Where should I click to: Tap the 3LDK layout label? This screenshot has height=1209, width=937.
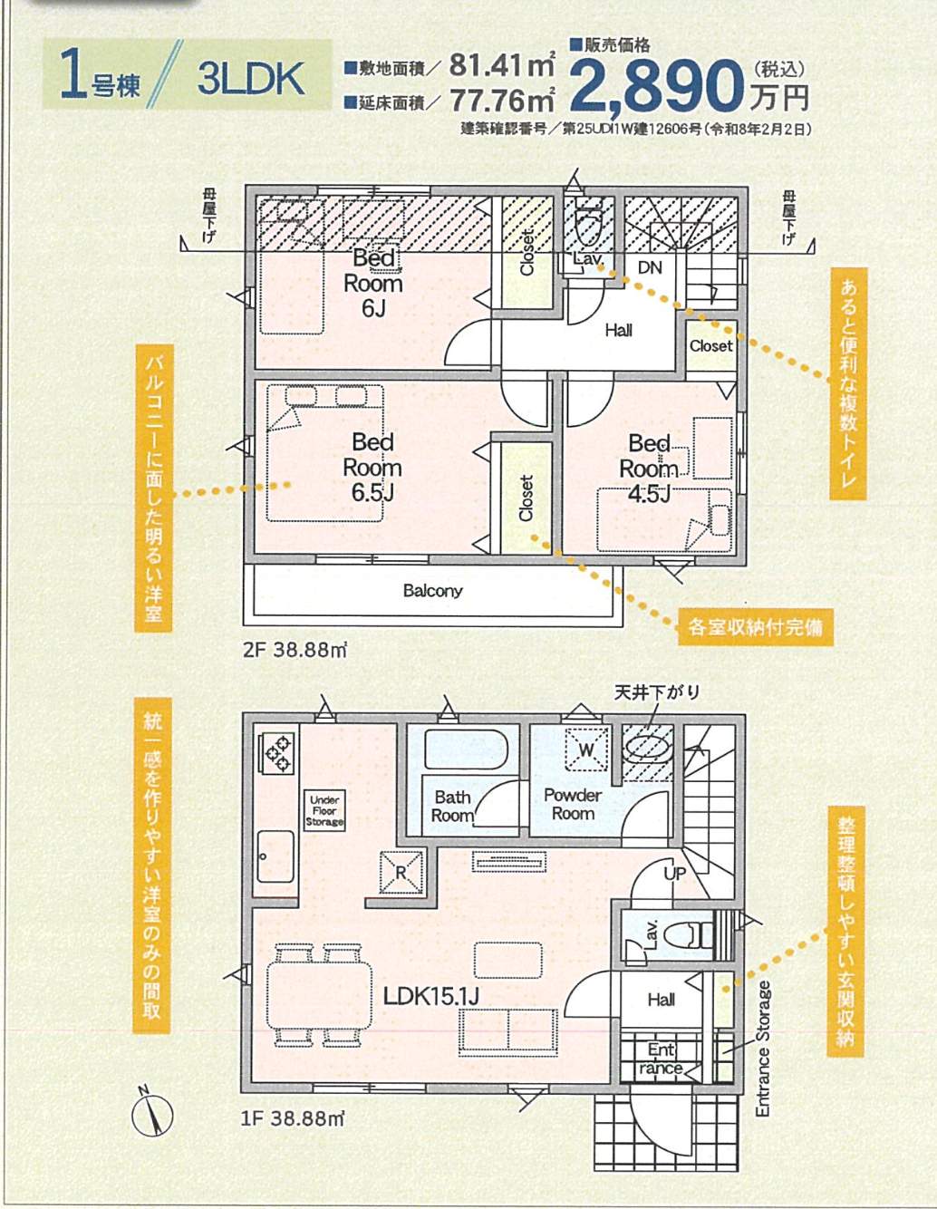pyautogui.click(x=250, y=79)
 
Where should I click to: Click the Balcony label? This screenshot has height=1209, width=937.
pyautogui.click(x=432, y=590)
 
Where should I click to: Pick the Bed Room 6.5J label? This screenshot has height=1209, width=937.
pyautogui.click(x=372, y=468)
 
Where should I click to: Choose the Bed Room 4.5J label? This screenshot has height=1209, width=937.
pyautogui.click(x=649, y=469)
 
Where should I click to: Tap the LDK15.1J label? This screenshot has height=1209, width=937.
pyautogui.click(x=431, y=997)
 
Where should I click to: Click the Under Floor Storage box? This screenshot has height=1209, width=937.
pyautogui.click(x=324, y=810)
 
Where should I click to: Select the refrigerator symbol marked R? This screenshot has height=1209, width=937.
pyautogui.click(x=401, y=873)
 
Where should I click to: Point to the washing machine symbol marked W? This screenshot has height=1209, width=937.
pyautogui.click(x=586, y=749)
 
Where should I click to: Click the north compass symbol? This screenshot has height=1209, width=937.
pyautogui.click(x=152, y=1116)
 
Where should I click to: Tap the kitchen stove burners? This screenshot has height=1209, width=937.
pyautogui.click(x=275, y=753)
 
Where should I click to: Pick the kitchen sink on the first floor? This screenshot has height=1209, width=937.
pyautogui.click(x=275, y=856)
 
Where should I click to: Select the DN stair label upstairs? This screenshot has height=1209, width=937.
pyautogui.click(x=650, y=268)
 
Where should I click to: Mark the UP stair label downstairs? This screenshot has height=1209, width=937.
pyautogui.click(x=675, y=874)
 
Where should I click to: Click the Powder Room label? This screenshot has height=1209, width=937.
pyautogui.click(x=573, y=804)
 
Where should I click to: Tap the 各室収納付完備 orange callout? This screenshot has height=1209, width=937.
pyautogui.click(x=755, y=627)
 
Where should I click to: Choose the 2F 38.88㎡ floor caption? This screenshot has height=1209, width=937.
pyautogui.click(x=295, y=650)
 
